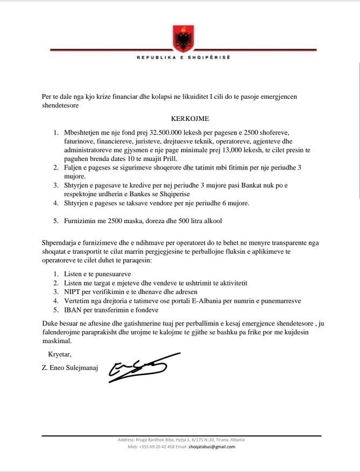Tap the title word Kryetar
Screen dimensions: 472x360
coord(59,354)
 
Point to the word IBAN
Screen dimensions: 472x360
coord(73,310)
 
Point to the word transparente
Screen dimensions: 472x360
coord(255,242)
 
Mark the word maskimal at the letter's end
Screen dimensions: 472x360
coord(57,341)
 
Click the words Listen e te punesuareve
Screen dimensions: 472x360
coord(101,273)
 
